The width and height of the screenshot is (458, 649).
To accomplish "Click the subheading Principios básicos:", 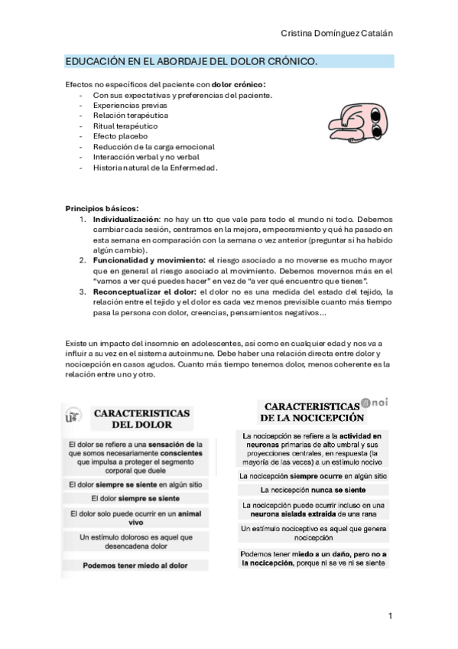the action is (x=102, y=208).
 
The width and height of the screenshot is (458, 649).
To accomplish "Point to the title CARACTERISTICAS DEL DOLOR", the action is (x=142, y=418).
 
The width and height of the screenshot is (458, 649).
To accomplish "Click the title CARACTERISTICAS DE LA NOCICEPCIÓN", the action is (x=310, y=411).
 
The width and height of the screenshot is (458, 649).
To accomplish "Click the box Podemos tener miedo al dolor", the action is (x=135, y=566).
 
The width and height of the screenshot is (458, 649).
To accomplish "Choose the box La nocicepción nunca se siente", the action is (x=313, y=488).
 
